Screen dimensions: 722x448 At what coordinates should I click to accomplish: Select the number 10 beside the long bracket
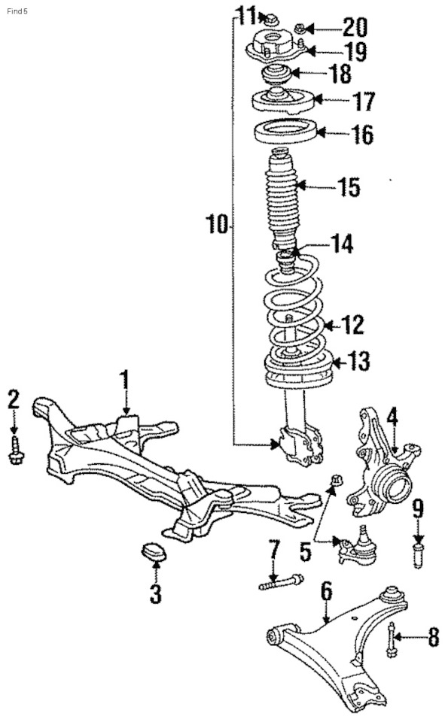tap(217, 223)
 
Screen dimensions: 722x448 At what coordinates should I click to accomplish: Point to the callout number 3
tap(155, 593)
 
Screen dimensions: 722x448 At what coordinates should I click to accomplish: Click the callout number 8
tap(433, 639)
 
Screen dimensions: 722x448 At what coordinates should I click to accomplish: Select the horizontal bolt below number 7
tap(281, 581)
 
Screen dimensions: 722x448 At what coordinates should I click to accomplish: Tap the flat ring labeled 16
tap(282, 132)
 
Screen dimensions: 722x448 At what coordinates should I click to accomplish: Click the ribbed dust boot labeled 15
tap(283, 198)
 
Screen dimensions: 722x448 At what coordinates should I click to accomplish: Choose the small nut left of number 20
tap(300, 29)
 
